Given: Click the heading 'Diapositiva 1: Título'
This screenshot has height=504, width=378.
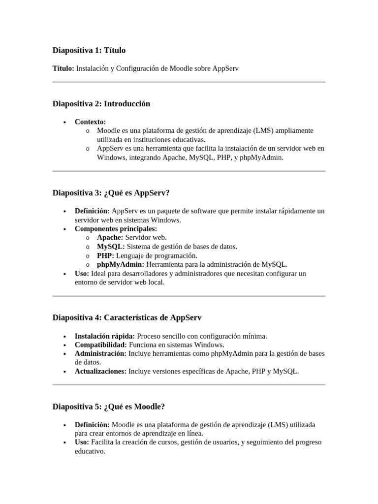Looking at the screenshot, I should tap(89, 50).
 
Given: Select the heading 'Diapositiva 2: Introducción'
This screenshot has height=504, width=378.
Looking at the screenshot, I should tap(101, 104).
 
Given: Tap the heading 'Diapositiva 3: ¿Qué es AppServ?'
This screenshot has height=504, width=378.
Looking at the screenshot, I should tap(114, 193).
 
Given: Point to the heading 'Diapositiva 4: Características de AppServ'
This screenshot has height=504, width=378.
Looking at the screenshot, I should tap(127, 318).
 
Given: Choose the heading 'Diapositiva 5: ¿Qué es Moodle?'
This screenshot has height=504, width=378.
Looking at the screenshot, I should tap(109, 407).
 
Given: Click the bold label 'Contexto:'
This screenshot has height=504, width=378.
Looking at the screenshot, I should tap(90, 122).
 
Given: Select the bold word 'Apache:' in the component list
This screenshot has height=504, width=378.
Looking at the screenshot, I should tap(110, 238).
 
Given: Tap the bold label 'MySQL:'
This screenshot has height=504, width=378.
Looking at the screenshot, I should tap(111, 247).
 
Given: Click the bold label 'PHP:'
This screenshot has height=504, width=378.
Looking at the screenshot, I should tap(105, 255).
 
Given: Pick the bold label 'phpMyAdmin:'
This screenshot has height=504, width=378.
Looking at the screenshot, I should tap(121, 264).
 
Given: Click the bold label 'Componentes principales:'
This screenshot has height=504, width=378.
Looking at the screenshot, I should tap(116, 229).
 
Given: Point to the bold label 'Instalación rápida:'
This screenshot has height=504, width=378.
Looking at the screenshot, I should tap(105, 336).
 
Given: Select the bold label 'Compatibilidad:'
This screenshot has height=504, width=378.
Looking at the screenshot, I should tap(100, 345).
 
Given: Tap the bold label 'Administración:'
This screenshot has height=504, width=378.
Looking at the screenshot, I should tap(100, 354).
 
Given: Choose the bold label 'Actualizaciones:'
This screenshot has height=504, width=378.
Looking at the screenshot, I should tap(100, 372).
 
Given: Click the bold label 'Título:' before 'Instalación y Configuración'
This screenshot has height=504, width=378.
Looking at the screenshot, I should tap(63, 68).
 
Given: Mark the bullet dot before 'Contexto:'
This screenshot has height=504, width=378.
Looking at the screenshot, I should tap(65, 122).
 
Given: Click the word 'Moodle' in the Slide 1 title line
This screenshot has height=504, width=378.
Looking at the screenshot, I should tap(181, 68).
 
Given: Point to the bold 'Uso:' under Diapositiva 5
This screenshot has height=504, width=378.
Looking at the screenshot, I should tap(82, 442).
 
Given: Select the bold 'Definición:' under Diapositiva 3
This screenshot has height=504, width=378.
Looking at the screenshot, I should tap(92, 211).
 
